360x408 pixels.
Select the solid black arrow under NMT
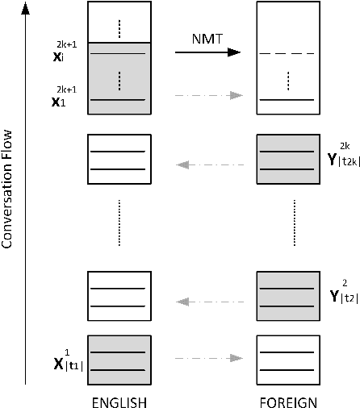[208, 52]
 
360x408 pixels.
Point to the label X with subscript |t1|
[68, 360]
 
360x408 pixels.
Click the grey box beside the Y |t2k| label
[287, 160]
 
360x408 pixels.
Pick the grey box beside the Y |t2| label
[287, 297]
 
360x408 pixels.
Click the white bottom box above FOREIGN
[287, 360]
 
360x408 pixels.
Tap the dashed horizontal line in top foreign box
[287, 54]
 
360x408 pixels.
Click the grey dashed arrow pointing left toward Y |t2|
[208, 302]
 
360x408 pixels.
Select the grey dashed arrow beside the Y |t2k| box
[208, 166]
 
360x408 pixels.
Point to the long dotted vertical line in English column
[119, 223]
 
